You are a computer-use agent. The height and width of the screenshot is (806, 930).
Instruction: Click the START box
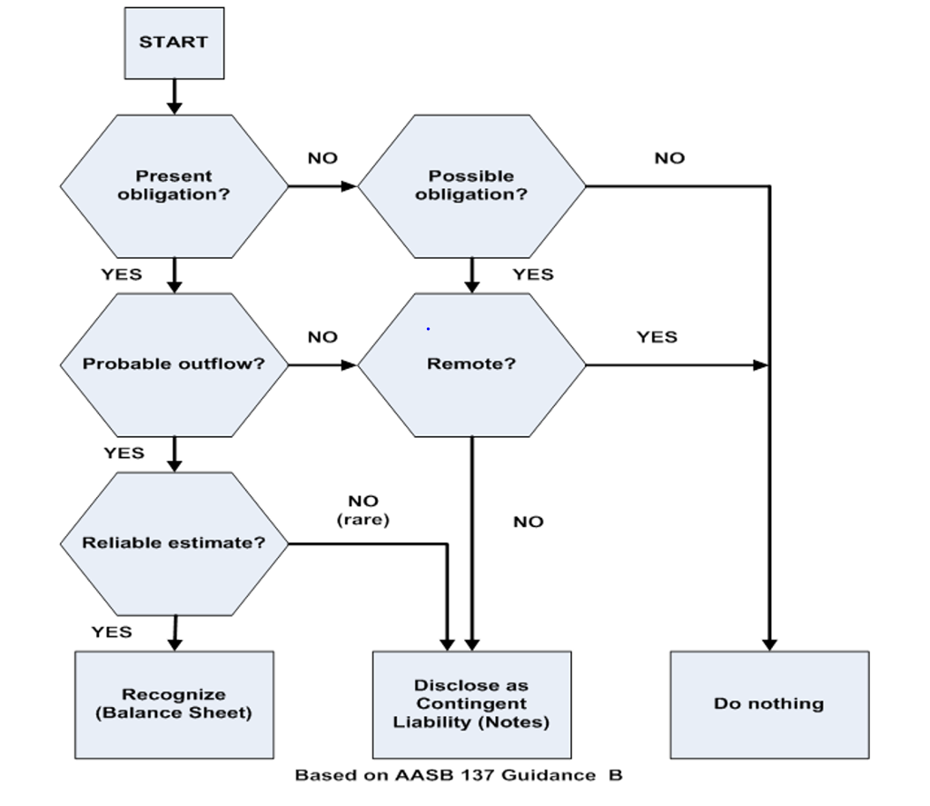pos(173,43)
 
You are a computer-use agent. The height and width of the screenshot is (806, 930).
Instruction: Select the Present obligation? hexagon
pos(173,185)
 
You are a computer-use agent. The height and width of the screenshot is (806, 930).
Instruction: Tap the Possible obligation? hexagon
pos(470,185)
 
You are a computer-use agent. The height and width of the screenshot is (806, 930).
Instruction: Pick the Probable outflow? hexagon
pos(173,364)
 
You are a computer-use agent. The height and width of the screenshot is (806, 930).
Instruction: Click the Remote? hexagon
pos(470,364)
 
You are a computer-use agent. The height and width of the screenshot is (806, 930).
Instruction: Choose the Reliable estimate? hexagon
pos(173,543)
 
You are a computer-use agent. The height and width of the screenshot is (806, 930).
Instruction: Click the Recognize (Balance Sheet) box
pos(173,704)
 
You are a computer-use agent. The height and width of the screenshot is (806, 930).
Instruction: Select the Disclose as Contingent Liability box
pos(471,704)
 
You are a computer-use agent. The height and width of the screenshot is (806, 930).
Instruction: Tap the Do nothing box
pos(769,704)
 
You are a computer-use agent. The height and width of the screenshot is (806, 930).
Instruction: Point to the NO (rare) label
pos(363,510)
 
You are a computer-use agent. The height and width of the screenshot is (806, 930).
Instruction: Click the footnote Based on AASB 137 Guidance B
pos(459,775)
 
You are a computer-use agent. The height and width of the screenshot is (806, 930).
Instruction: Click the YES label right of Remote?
pos(657,337)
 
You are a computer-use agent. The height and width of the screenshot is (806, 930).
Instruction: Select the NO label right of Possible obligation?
pos(669,158)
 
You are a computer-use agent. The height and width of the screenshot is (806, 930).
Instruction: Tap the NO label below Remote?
pos(528,522)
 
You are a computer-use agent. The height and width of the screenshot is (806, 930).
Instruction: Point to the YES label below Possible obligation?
pos(532,274)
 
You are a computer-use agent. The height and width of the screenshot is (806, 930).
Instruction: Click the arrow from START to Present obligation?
pos(173,96)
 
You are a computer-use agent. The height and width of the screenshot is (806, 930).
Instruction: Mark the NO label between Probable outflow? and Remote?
pos(322,337)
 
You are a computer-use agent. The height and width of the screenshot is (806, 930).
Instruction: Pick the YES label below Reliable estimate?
pos(111,632)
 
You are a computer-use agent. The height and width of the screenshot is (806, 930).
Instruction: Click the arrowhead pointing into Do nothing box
pos(769,644)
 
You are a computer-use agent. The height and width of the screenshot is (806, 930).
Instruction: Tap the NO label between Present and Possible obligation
pos(322,158)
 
